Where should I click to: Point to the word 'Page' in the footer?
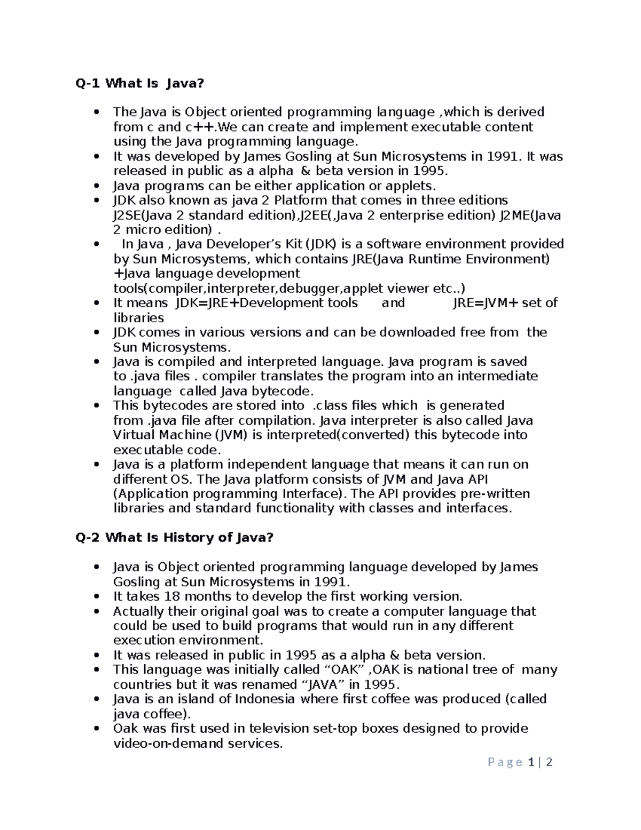click(x=505, y=762)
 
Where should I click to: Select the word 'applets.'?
click(x=408, y=186)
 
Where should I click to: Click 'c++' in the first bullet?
click(x=200, y=127)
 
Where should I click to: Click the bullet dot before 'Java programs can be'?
click(x=96, y=186)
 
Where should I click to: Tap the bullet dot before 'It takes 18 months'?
click(x=96, y=596)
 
